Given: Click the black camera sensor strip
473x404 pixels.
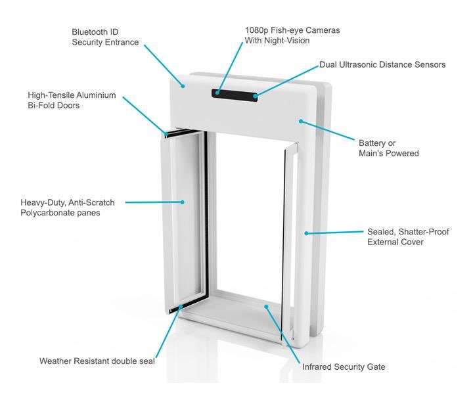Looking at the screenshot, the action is click(235, 94).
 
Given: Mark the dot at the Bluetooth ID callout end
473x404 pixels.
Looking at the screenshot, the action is click(183, 86).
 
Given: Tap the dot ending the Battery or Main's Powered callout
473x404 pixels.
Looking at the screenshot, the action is click(301, 122).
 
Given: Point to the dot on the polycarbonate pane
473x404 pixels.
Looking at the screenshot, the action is click(182, 202).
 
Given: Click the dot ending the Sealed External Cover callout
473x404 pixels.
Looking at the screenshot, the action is click(306, 233).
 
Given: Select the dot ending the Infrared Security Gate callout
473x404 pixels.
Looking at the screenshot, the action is click(266, 307).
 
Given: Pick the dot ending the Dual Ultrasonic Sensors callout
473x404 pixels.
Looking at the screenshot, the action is click(255, 97).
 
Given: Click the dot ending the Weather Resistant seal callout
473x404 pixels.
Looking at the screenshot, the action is click(181, 307).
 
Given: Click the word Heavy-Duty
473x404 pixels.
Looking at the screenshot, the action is click(43, 202).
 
